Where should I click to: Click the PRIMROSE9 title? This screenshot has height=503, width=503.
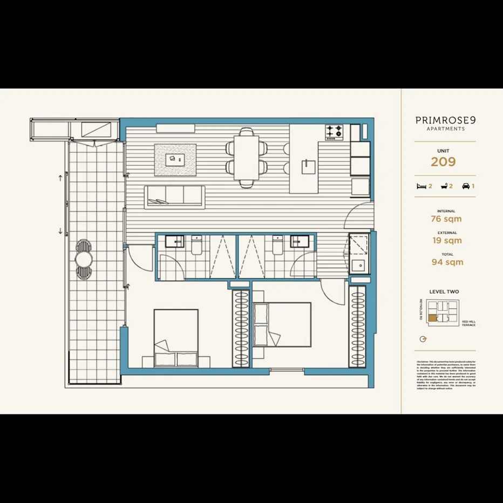click(445, 121)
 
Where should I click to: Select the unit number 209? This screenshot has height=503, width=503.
click(443, 161)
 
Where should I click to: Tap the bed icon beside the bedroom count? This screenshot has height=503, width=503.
click(422, 186)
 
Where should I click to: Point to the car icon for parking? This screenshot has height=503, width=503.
click(465, 186)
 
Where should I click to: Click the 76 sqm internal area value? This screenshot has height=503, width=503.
click(446, 219)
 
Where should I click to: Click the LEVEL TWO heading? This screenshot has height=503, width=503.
click(444, 292)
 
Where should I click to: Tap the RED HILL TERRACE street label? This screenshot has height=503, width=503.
click(468, 323)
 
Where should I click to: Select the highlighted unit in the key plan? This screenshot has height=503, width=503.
click(432, 317)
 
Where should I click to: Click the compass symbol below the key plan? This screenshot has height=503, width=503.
click(423, 339)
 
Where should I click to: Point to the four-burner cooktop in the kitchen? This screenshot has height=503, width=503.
click(334, 131)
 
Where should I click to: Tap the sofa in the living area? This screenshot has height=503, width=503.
click(174, 195)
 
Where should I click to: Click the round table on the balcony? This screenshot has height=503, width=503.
click(84, 260)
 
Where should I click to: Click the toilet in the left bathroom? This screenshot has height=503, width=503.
click(196, 247)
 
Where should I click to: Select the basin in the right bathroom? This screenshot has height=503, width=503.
click(297, 241)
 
